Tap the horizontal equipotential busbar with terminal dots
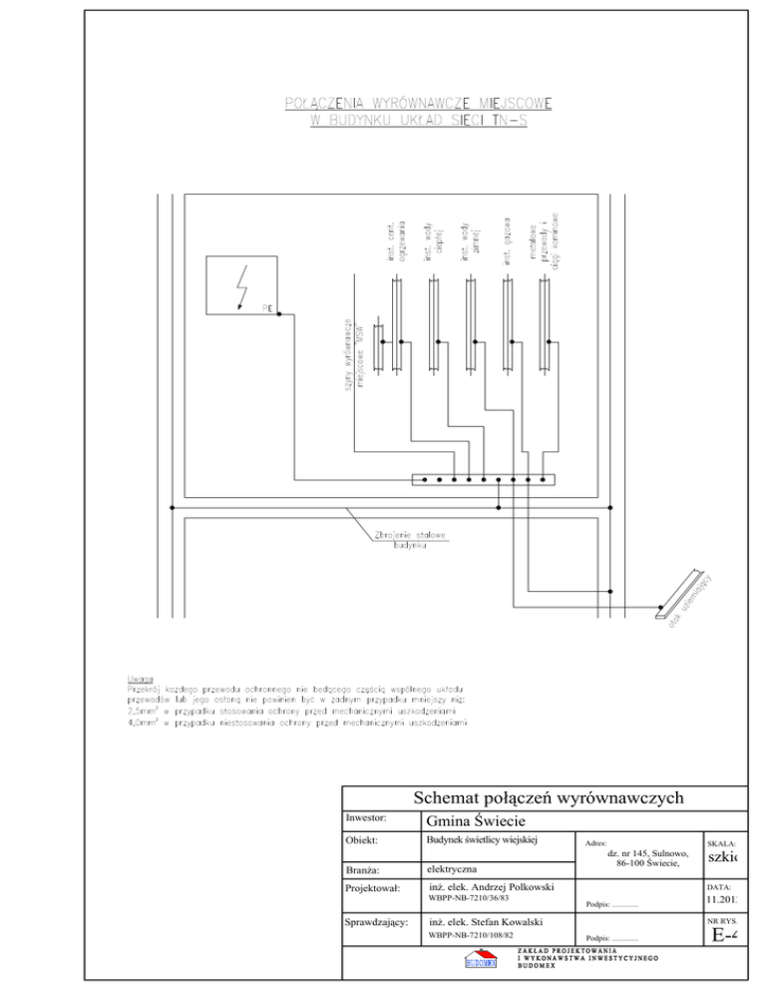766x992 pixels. point(484,479)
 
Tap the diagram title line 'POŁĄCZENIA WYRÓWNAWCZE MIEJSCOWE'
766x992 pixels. point(419,102)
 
